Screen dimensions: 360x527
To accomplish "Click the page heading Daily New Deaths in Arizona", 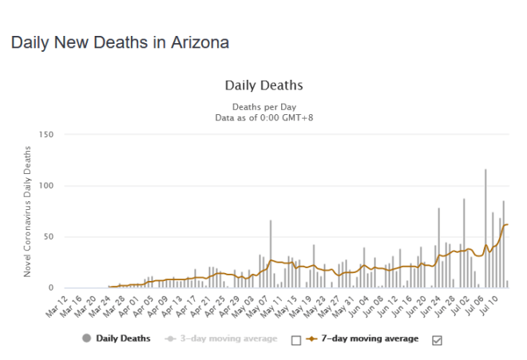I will [120, 43].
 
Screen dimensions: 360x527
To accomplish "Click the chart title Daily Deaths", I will [263, 85].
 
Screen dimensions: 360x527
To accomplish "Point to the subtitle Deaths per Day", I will [263, 106].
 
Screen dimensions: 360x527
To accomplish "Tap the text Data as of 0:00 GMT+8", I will [263, 117].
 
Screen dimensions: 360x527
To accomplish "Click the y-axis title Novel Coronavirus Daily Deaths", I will [27, 212].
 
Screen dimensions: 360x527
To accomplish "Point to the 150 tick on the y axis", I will [45, 135].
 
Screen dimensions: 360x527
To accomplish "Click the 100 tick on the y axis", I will [45, 186].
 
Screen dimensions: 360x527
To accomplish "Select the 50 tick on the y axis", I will [47, 237].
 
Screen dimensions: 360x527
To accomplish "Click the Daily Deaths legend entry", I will [123, 338].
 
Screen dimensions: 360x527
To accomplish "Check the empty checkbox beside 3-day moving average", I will [296, 339].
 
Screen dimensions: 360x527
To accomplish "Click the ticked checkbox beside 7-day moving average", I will [436, 339].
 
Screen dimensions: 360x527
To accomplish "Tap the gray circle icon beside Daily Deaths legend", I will [85, 338].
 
